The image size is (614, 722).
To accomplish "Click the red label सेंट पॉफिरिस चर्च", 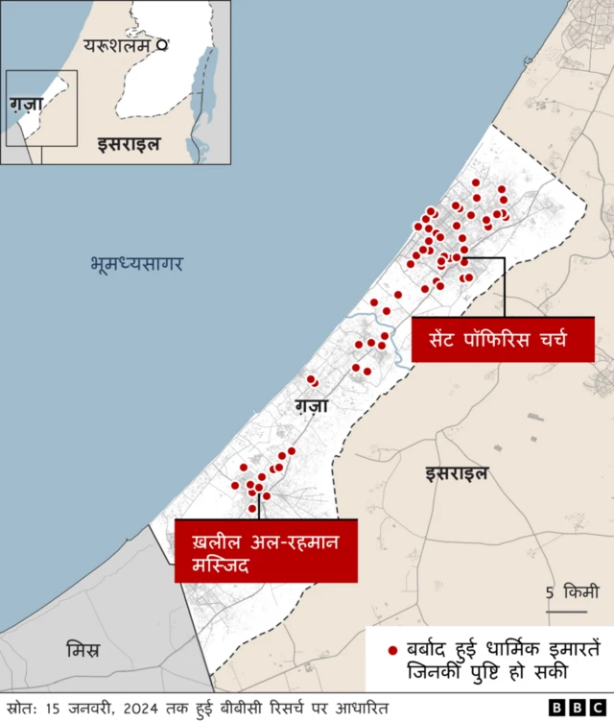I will [502, 340].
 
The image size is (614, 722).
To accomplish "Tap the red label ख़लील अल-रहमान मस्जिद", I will [266, 550].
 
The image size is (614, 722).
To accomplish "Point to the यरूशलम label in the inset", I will [117, 44].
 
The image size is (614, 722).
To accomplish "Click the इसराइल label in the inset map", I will [128, 144].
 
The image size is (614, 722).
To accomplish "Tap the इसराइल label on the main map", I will [457, 472].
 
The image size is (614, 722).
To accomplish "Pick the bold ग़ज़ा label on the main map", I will [312, 405].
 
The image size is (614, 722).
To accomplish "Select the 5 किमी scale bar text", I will [574, 591].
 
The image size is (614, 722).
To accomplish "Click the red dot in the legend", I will [391, 651].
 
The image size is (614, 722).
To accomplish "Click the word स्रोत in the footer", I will [21, 708].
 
